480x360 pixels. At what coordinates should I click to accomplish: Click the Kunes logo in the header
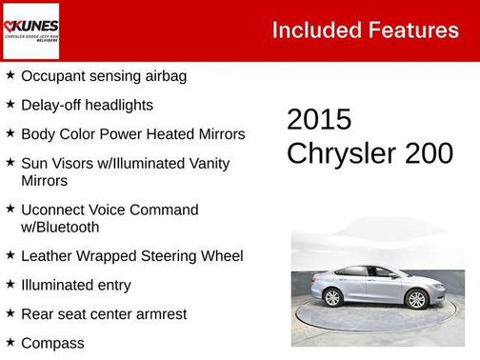pyautogui.click(x=31, y=30)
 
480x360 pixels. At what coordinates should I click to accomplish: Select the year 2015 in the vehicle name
pyautogui.click(x=319, y=120)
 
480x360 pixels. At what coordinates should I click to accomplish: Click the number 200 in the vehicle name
pyautogui.click(x=428, y=153)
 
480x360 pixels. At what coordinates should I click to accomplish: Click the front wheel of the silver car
pyautogui.click(x=416, y=299)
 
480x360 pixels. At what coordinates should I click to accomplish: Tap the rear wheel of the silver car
pyautogui.click(x=333, y=297)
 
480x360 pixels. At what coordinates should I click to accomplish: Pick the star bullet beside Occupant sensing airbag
pyautogui.click(x=10, y=75)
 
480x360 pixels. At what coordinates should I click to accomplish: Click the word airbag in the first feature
pyautogui.click(x=162, y=76)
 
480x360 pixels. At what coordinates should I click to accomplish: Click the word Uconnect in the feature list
pyautogui.click(x=55, y=210)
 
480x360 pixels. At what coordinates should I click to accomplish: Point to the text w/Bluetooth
pyautogui.click(x=60, y=228)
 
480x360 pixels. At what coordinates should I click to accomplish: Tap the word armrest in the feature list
pyautogui.click(x=158, y=313)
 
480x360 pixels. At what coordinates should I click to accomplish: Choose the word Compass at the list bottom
pyautogui.click(x=52, y=343)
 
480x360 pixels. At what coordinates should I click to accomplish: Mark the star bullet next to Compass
pyautogui.click(x=10, y=341)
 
